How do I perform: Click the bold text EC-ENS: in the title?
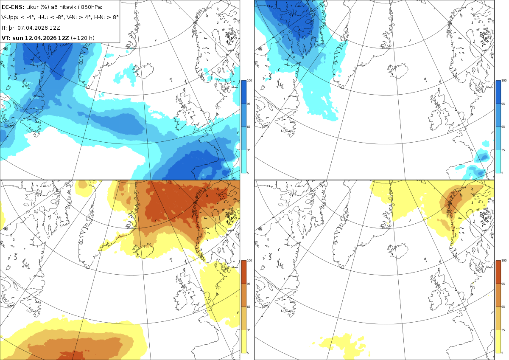point(13,7)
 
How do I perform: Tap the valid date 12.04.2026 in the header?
point(40,38)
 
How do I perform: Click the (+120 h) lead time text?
point(83,38)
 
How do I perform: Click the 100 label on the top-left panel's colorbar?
point(249,81)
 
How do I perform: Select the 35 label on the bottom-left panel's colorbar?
point(249,330)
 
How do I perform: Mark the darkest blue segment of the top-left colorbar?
point(243,92)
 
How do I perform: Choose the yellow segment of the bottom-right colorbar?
point(498,342)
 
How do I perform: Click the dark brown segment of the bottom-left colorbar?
point(243,272)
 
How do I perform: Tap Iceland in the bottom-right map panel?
point(397,251)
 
